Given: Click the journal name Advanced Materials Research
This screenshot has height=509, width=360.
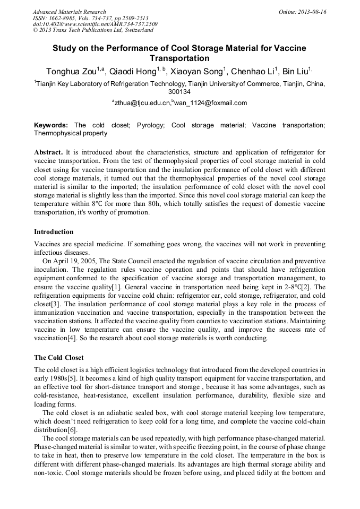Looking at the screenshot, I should tap(69, 12).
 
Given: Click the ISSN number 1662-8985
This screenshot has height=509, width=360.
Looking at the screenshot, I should tap(63, 18).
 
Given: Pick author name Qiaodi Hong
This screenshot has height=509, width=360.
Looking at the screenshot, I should tap(134, 72).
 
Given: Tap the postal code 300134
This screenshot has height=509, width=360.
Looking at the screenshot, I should tap(179, 92).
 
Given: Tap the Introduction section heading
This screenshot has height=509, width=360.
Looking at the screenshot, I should tap(54, 232).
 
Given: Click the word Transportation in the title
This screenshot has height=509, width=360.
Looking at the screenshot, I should tap(179, 58).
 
